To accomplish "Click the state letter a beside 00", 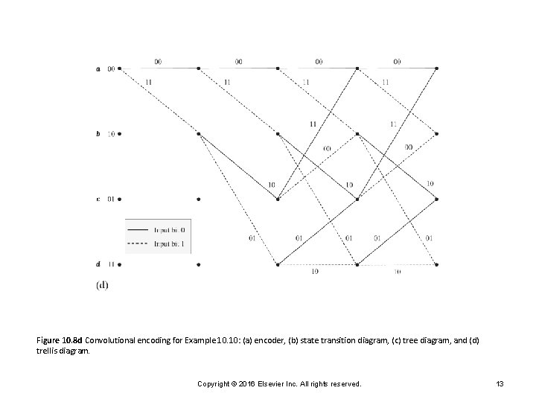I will pyautogui.click(x=98, y=69).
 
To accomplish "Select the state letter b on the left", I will pyautogui.click(x=98, y=134).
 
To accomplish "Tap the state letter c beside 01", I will pyautogui.click(x=98, y=199).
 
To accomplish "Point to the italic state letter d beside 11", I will pyautogui.click(x=98, y=264).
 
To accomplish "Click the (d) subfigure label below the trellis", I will pyautogui.click(x=102, y=284).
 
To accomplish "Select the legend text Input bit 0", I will pyautogui.click(x=171, y=230).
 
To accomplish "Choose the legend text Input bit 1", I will pyautogui.click(x=171, y=243).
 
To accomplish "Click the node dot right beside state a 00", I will pyautogui.click(x=120, y=69).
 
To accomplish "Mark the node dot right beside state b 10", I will pyautogui.click(x=120, y=134).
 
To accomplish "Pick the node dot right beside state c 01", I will pyautogui.click(x=120, y=199).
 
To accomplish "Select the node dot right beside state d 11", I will pyautogui.click(x=120, y=264).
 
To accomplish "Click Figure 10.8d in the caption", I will pyautogui.click(x=60, y=339).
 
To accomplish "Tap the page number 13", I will pyautogui.click(x=500, y=383).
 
